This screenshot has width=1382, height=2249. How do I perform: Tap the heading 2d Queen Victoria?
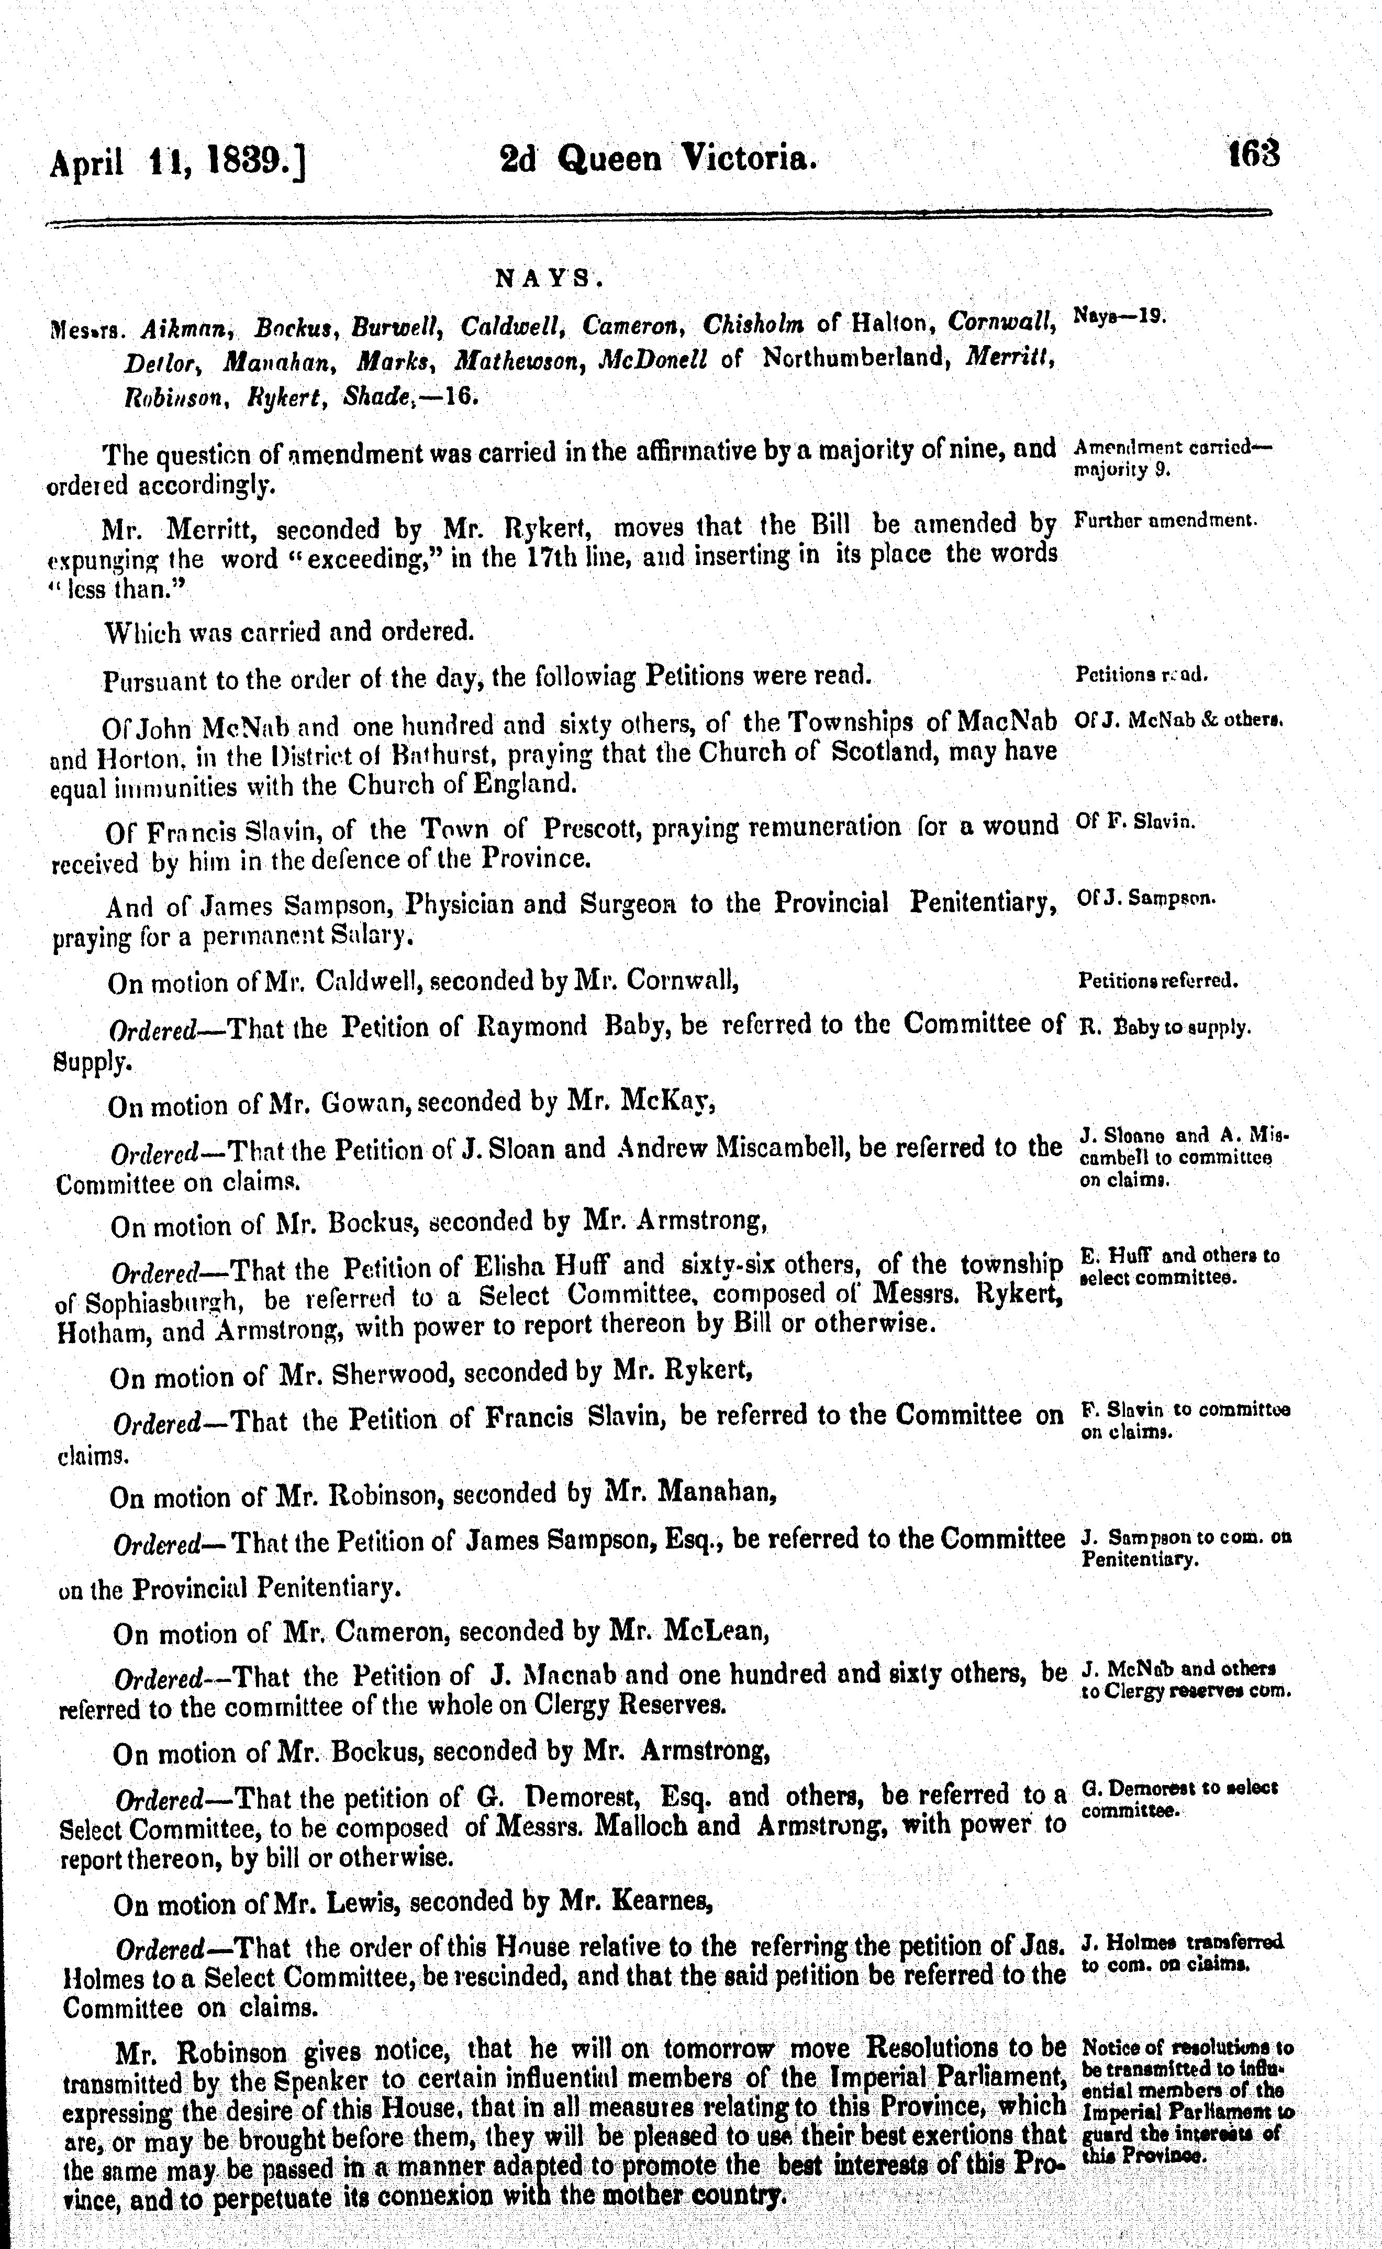pyautogui.click(x=655, y=159)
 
